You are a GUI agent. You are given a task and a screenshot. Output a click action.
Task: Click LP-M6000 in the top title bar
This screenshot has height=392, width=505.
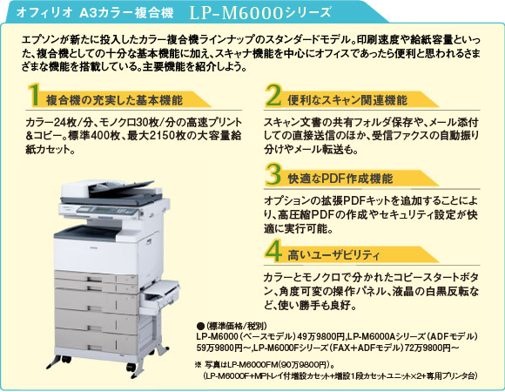240,14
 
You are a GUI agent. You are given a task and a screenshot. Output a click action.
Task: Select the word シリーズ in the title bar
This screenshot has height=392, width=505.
308,15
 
